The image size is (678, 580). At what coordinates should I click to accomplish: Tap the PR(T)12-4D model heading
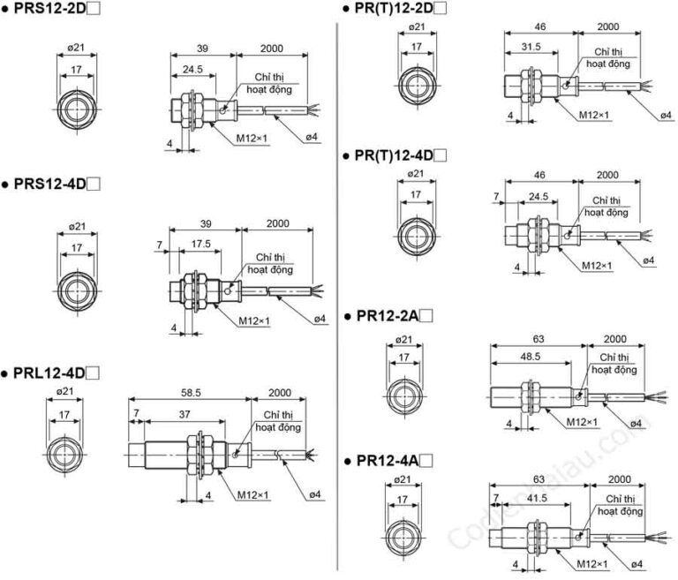click(394, 155)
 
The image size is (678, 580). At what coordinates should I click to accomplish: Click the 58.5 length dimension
click(190, 394)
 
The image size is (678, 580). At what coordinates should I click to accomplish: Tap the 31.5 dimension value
click(531, 49)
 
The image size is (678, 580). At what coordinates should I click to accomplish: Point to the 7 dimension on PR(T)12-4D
click(497, 195)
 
